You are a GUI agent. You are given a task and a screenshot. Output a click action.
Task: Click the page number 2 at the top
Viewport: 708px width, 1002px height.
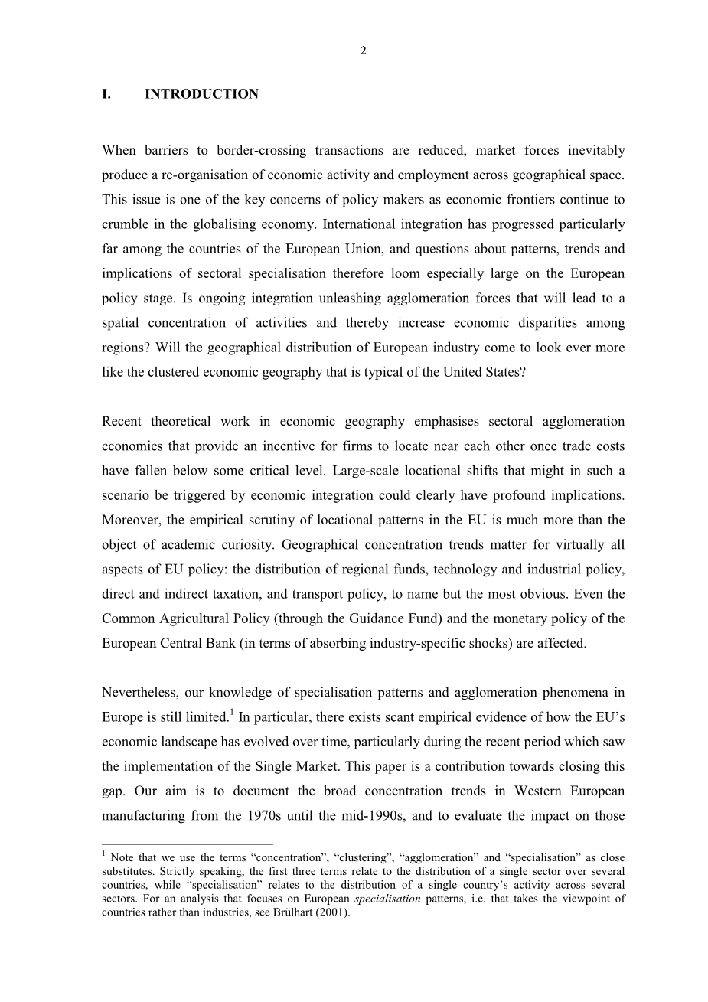tap(363, 51)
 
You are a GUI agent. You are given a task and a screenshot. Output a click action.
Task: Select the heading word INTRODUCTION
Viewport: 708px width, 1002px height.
tap(201, 94)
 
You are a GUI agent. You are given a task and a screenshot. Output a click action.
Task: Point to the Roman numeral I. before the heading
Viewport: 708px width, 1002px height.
tap(106, 94)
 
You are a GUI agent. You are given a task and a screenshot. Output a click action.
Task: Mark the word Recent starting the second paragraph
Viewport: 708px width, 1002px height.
tap(122, 422)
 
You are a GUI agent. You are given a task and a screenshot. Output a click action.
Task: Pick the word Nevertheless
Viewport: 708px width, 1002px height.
tap(139, 693)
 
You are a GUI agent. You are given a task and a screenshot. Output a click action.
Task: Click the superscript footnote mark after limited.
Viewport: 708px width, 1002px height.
tap(232, 712)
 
